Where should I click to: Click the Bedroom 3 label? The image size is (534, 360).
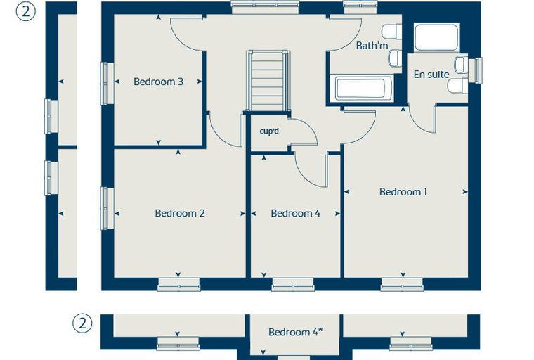(x=158, y=82)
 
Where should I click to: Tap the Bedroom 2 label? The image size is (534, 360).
(x=180, y=214)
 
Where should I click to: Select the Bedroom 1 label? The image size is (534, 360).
(x=403, y=192)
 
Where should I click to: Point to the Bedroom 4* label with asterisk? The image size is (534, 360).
(x=295, y=332)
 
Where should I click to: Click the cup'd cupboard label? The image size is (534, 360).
(x=269, y=131)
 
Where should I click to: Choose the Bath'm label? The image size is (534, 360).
(x=372, y=45)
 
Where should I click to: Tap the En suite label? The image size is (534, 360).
(x=431, y=75)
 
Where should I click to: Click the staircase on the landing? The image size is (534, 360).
(x=268, y=80)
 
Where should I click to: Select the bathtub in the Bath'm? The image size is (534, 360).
(x=363, y=89)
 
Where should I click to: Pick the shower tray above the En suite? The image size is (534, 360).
(x=436, y=37)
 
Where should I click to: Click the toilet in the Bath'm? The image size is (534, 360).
(x=391, y=32)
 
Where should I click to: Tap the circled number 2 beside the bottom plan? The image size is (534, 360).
(x=82, y=323)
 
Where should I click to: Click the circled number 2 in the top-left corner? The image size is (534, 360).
(x=25, y=11)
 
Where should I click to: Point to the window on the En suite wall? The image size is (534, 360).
(x=475, y=70)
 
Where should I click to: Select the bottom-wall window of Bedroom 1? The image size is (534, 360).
(x=402, y=285)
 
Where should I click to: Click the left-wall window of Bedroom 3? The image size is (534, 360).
(x=107, y=84)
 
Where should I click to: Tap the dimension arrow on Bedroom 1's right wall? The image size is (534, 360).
(x=465, y=192)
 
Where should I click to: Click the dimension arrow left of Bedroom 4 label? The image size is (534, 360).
(x=254, y=214)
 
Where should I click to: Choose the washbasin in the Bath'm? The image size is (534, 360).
(x=395, y=58)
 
